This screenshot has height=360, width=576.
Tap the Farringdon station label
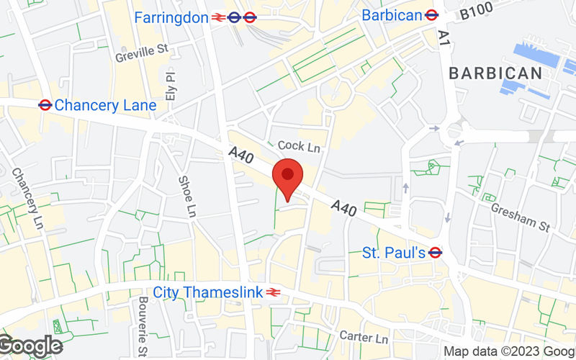171,17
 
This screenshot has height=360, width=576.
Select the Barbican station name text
392,15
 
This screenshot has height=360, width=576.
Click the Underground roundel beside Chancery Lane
45,105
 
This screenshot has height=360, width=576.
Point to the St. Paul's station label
394,253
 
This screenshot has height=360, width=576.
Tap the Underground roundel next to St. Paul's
435,253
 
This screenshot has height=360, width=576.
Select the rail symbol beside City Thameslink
272,292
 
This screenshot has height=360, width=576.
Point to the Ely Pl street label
170,85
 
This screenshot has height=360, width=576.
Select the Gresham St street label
521,216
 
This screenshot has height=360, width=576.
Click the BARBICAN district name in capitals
495,73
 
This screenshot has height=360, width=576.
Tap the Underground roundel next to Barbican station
432,14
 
